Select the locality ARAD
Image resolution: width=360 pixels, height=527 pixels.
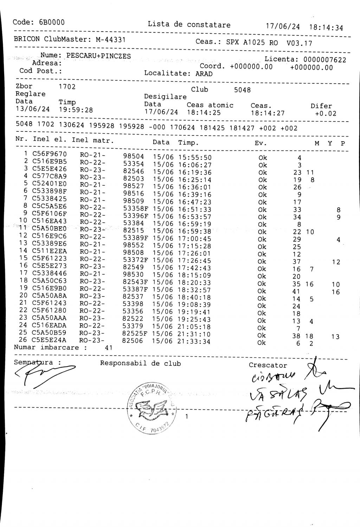pos(204,74)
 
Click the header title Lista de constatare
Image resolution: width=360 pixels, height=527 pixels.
pos(189,25)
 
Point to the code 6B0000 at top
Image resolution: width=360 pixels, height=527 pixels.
pos(52,22)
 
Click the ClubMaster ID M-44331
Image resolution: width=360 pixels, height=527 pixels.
pos(111,39)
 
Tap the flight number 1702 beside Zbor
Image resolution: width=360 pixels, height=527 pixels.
pos(67,86)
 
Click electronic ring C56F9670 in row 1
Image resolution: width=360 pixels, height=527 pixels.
pos(49,154)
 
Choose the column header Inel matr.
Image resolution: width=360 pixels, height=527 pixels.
pos(93,141)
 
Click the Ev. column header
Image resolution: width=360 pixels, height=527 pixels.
pos(261,143)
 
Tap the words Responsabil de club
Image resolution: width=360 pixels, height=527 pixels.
pos(140,363)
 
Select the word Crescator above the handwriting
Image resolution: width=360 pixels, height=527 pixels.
pos(268,365)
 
